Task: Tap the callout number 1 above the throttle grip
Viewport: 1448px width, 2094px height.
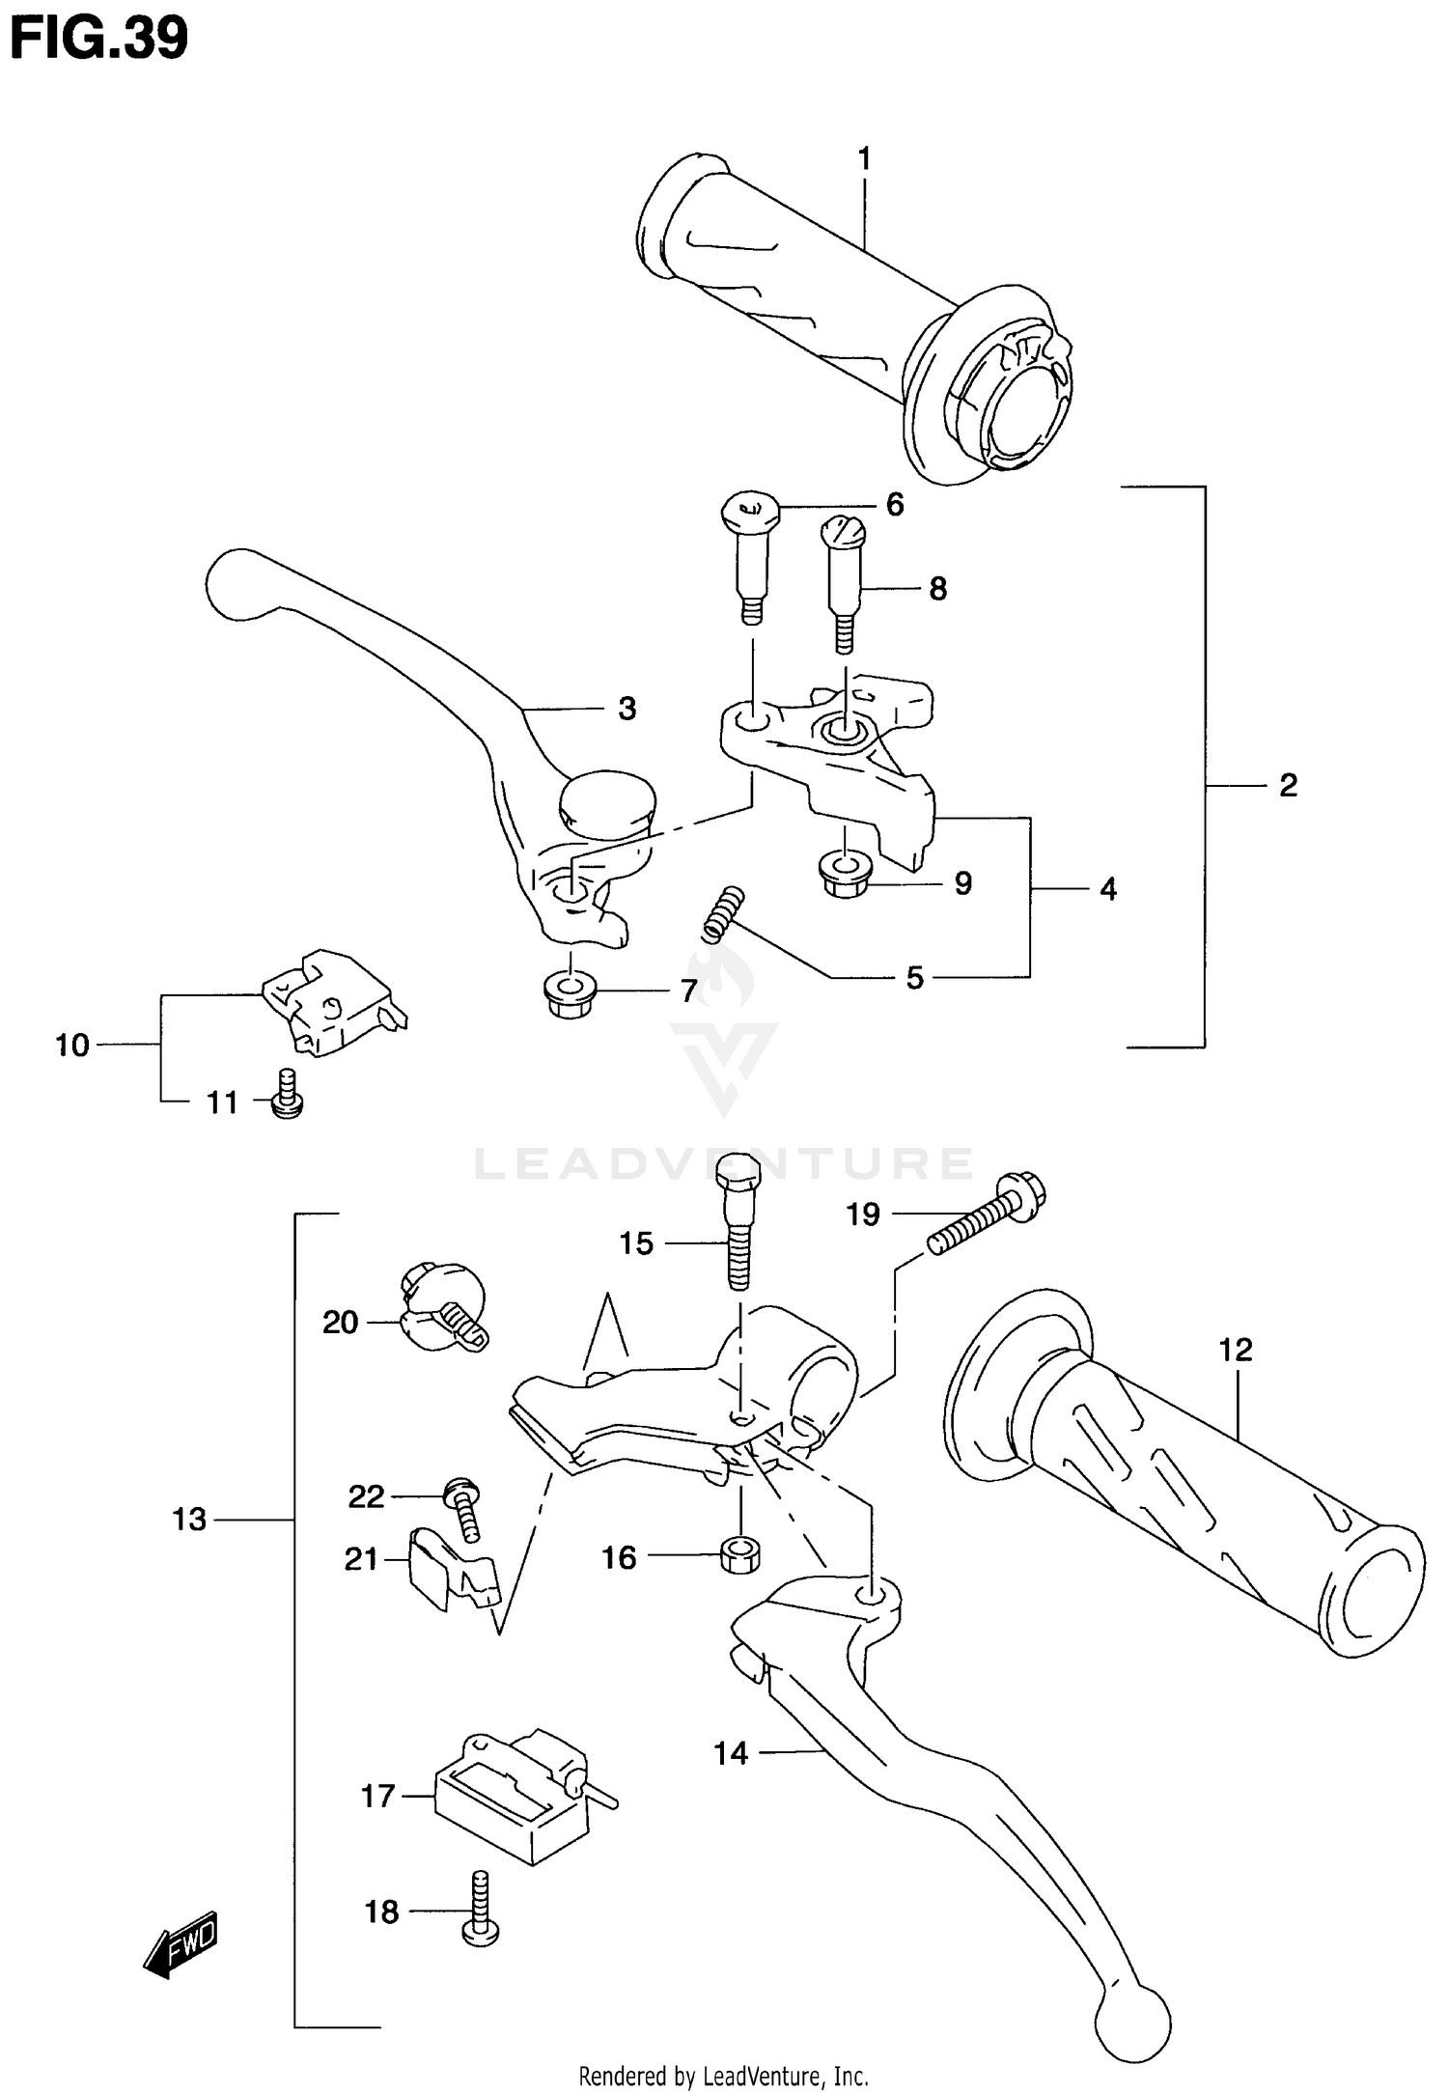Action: [x=864, y=158]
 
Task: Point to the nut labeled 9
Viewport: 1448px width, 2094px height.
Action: [x=843, y=875]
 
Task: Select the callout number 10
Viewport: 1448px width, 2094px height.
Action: [x=72, y=1045]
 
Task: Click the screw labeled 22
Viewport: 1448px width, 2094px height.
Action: [x=463, y=1510]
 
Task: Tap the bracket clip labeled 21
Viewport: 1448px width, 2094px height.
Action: [x=450, y=1572]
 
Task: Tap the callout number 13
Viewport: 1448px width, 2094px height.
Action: [x=189, y=1520]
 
